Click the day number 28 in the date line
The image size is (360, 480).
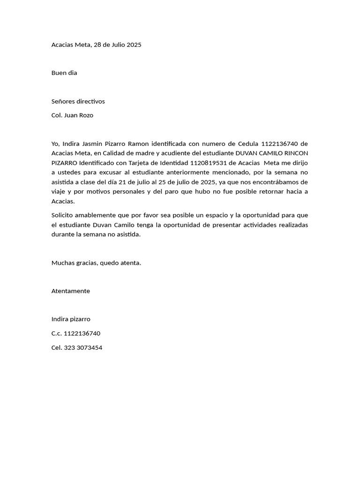click(98, 45)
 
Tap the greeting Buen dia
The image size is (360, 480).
click(64, 73)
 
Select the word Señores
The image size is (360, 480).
click(63, 101)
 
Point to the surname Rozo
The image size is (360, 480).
click(85, 115)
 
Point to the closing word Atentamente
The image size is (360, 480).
click(71, 291)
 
